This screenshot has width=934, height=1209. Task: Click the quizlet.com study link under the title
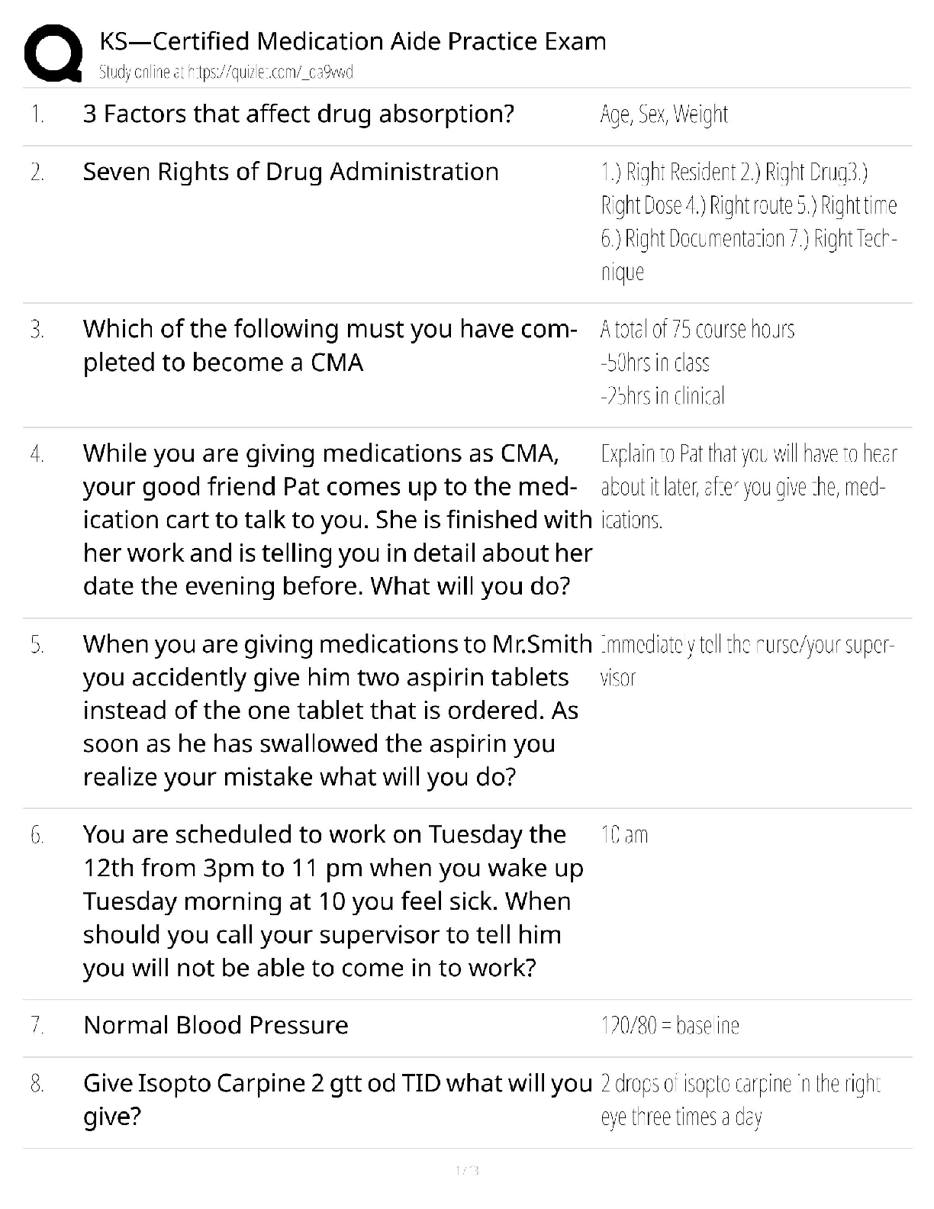point(226,73)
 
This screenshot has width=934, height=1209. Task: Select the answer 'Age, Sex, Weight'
point(664,114)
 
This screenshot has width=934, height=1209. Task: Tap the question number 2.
point(37,172)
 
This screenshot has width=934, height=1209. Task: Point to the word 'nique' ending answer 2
point(623,272)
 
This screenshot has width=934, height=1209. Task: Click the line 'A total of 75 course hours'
point(697,329)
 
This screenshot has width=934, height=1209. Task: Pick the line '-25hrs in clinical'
point(662,395)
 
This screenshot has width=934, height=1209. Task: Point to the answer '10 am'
point(624,835)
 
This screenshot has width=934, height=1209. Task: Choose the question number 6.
point(37,835)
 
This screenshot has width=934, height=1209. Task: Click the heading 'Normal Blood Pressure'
point(216,1025)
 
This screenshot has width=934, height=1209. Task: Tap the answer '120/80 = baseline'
point(670,1026)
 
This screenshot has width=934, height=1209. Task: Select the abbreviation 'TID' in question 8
point(421,1083)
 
